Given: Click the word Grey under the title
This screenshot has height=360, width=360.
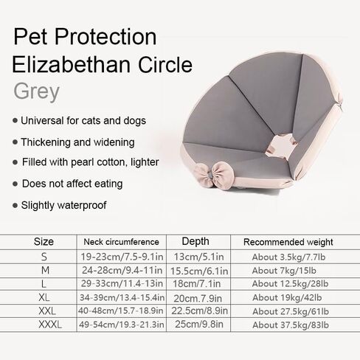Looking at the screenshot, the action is tap(36, 91).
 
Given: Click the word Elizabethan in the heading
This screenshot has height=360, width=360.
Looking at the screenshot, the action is tap(71, 64).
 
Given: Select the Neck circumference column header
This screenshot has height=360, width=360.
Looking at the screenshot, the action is tap(121, 242).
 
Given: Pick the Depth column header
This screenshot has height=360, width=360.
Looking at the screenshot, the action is tap(195, 241).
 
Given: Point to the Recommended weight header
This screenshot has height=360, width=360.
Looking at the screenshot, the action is tap(288, 242).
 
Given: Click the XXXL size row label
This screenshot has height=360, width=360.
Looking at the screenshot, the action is tap(50, 325).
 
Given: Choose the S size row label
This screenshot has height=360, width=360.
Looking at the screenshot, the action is tap(44, 257).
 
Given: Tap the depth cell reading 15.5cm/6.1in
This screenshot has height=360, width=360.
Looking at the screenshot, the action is tap(199, 271).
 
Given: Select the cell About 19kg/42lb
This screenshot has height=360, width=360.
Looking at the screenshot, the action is tap(287, 297).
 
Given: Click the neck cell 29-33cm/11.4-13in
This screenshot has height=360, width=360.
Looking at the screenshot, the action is tap(122, 283).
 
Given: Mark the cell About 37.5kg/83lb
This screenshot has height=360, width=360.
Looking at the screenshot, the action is tap(291, 325).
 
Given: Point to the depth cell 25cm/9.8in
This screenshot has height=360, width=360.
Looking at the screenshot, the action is tap(199, 325).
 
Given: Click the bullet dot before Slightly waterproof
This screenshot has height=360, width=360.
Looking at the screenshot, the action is tap(15, 205).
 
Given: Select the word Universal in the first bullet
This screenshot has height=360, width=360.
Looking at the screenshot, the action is tap(42, 120).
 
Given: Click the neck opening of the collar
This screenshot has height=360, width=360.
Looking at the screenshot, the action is tap(282, 145).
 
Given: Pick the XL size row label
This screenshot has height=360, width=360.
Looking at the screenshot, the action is tap(44, 297).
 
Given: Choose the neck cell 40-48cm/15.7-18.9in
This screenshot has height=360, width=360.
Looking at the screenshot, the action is tap(121, 311).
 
